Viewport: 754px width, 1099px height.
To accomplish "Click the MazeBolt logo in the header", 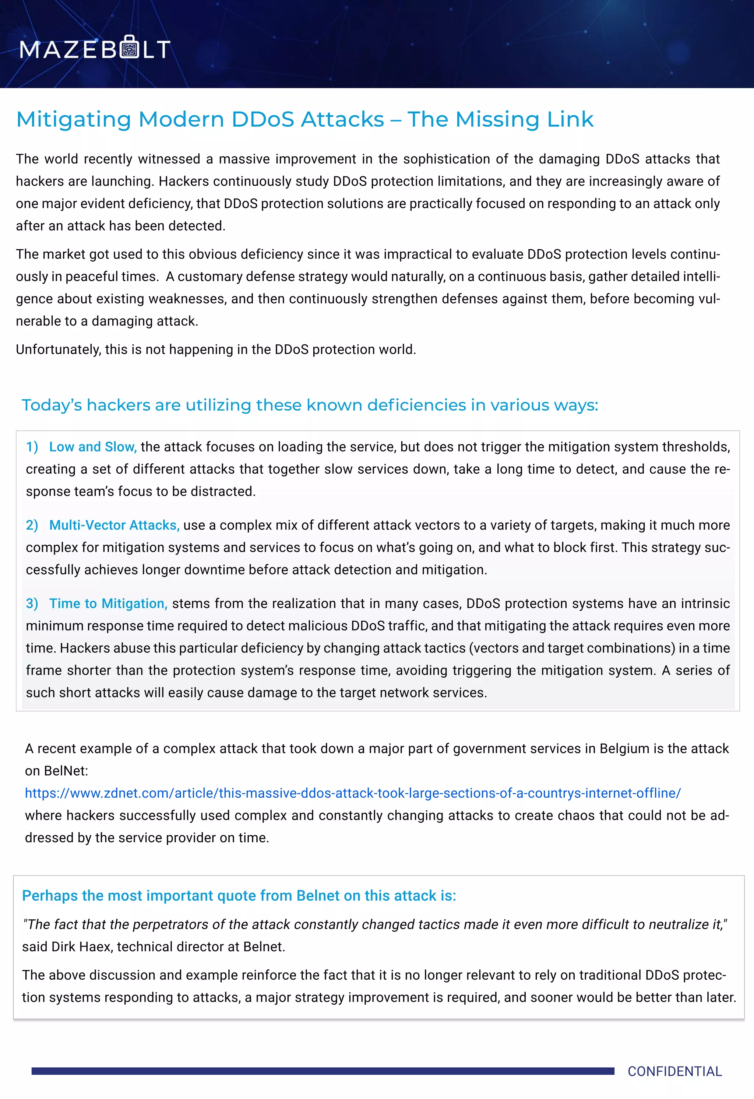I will click(x=95, y=48).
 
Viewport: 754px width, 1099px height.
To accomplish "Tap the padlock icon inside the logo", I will click(x=130, y=46).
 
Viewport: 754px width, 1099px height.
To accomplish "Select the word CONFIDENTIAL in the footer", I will click(x=674, y=1071).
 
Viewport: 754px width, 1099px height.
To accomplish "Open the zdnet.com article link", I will click(x=353, y=793).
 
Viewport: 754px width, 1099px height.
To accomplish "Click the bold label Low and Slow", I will click(x=93, y=447).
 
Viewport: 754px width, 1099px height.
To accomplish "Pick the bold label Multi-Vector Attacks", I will click(x=114, y=526).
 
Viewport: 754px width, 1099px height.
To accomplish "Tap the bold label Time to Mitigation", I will click(x=108, y=604).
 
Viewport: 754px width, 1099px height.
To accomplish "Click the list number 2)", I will click(x=32, y=526).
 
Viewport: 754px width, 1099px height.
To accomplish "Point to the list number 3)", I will click(x=32, y=604).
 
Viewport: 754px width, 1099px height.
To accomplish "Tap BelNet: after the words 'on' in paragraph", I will click(x=66, y=771).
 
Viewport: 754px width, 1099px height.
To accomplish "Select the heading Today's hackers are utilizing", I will click(x=310, y=405).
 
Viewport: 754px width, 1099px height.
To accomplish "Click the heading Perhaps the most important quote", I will click(x=239, y=896).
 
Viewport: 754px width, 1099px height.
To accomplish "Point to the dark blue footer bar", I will click(x=323, y=1071).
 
